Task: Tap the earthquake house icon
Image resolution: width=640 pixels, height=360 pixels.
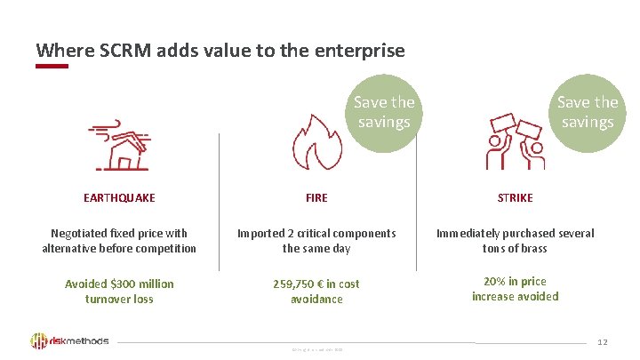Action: pyautogui.click(x=119, y=145)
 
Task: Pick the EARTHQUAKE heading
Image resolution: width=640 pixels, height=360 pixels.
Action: pyautogui.click(x=119, y=198)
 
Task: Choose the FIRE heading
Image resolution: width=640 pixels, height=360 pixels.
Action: pyautogui.click(x=316, y=198)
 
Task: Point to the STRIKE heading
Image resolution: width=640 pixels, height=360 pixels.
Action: pyautogui.click(x=516, y=198)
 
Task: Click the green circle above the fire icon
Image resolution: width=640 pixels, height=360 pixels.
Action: pyautogui.click(x=384, y=111)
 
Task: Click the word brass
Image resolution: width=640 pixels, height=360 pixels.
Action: pyautogui.click(x=531, y=248)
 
